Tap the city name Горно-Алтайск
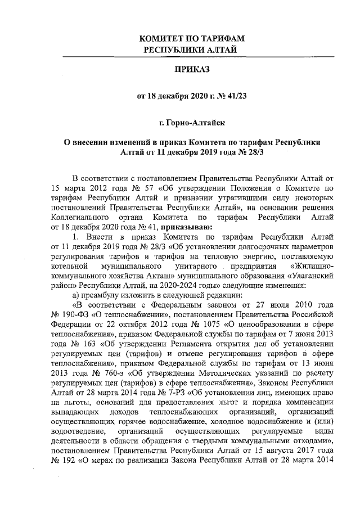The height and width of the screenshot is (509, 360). pos(196,121)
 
